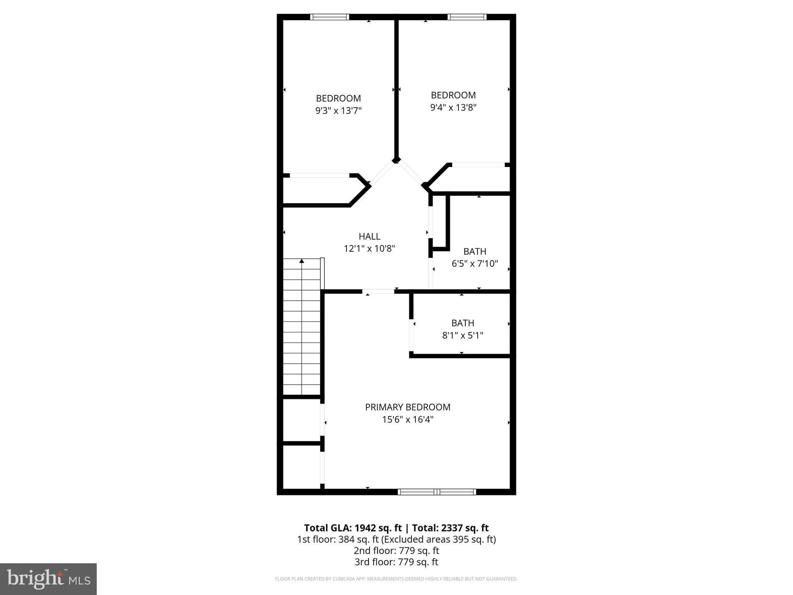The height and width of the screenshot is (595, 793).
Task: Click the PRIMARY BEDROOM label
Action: point(407,407)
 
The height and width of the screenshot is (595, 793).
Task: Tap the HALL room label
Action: point(369,236)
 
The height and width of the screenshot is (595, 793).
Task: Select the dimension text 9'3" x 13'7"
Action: point(338,111)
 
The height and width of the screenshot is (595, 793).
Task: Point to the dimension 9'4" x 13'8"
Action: point(453,107)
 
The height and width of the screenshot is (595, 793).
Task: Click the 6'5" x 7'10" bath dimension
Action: point(475,264)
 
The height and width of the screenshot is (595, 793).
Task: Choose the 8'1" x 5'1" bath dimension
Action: point(463,335)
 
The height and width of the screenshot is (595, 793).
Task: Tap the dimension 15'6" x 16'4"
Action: point(407,420)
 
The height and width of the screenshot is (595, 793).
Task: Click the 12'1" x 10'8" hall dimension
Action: point(369,249)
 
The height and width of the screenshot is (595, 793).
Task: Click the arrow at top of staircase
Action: point(302,261)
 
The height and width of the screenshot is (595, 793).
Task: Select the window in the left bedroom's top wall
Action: point(330,17)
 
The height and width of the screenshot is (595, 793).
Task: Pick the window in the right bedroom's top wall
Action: point(467,17)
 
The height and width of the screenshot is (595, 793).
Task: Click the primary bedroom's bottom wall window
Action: point(437,492)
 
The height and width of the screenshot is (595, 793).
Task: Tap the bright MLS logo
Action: point(48,579)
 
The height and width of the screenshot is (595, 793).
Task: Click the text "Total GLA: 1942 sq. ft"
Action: point(353,528)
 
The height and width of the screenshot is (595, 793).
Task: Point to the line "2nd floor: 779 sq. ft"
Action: point(396,550)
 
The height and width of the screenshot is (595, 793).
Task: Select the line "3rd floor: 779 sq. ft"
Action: point(396,562)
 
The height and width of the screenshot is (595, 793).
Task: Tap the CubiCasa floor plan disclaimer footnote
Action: point(396,579)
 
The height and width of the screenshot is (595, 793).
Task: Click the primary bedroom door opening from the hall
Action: point(378,292)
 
